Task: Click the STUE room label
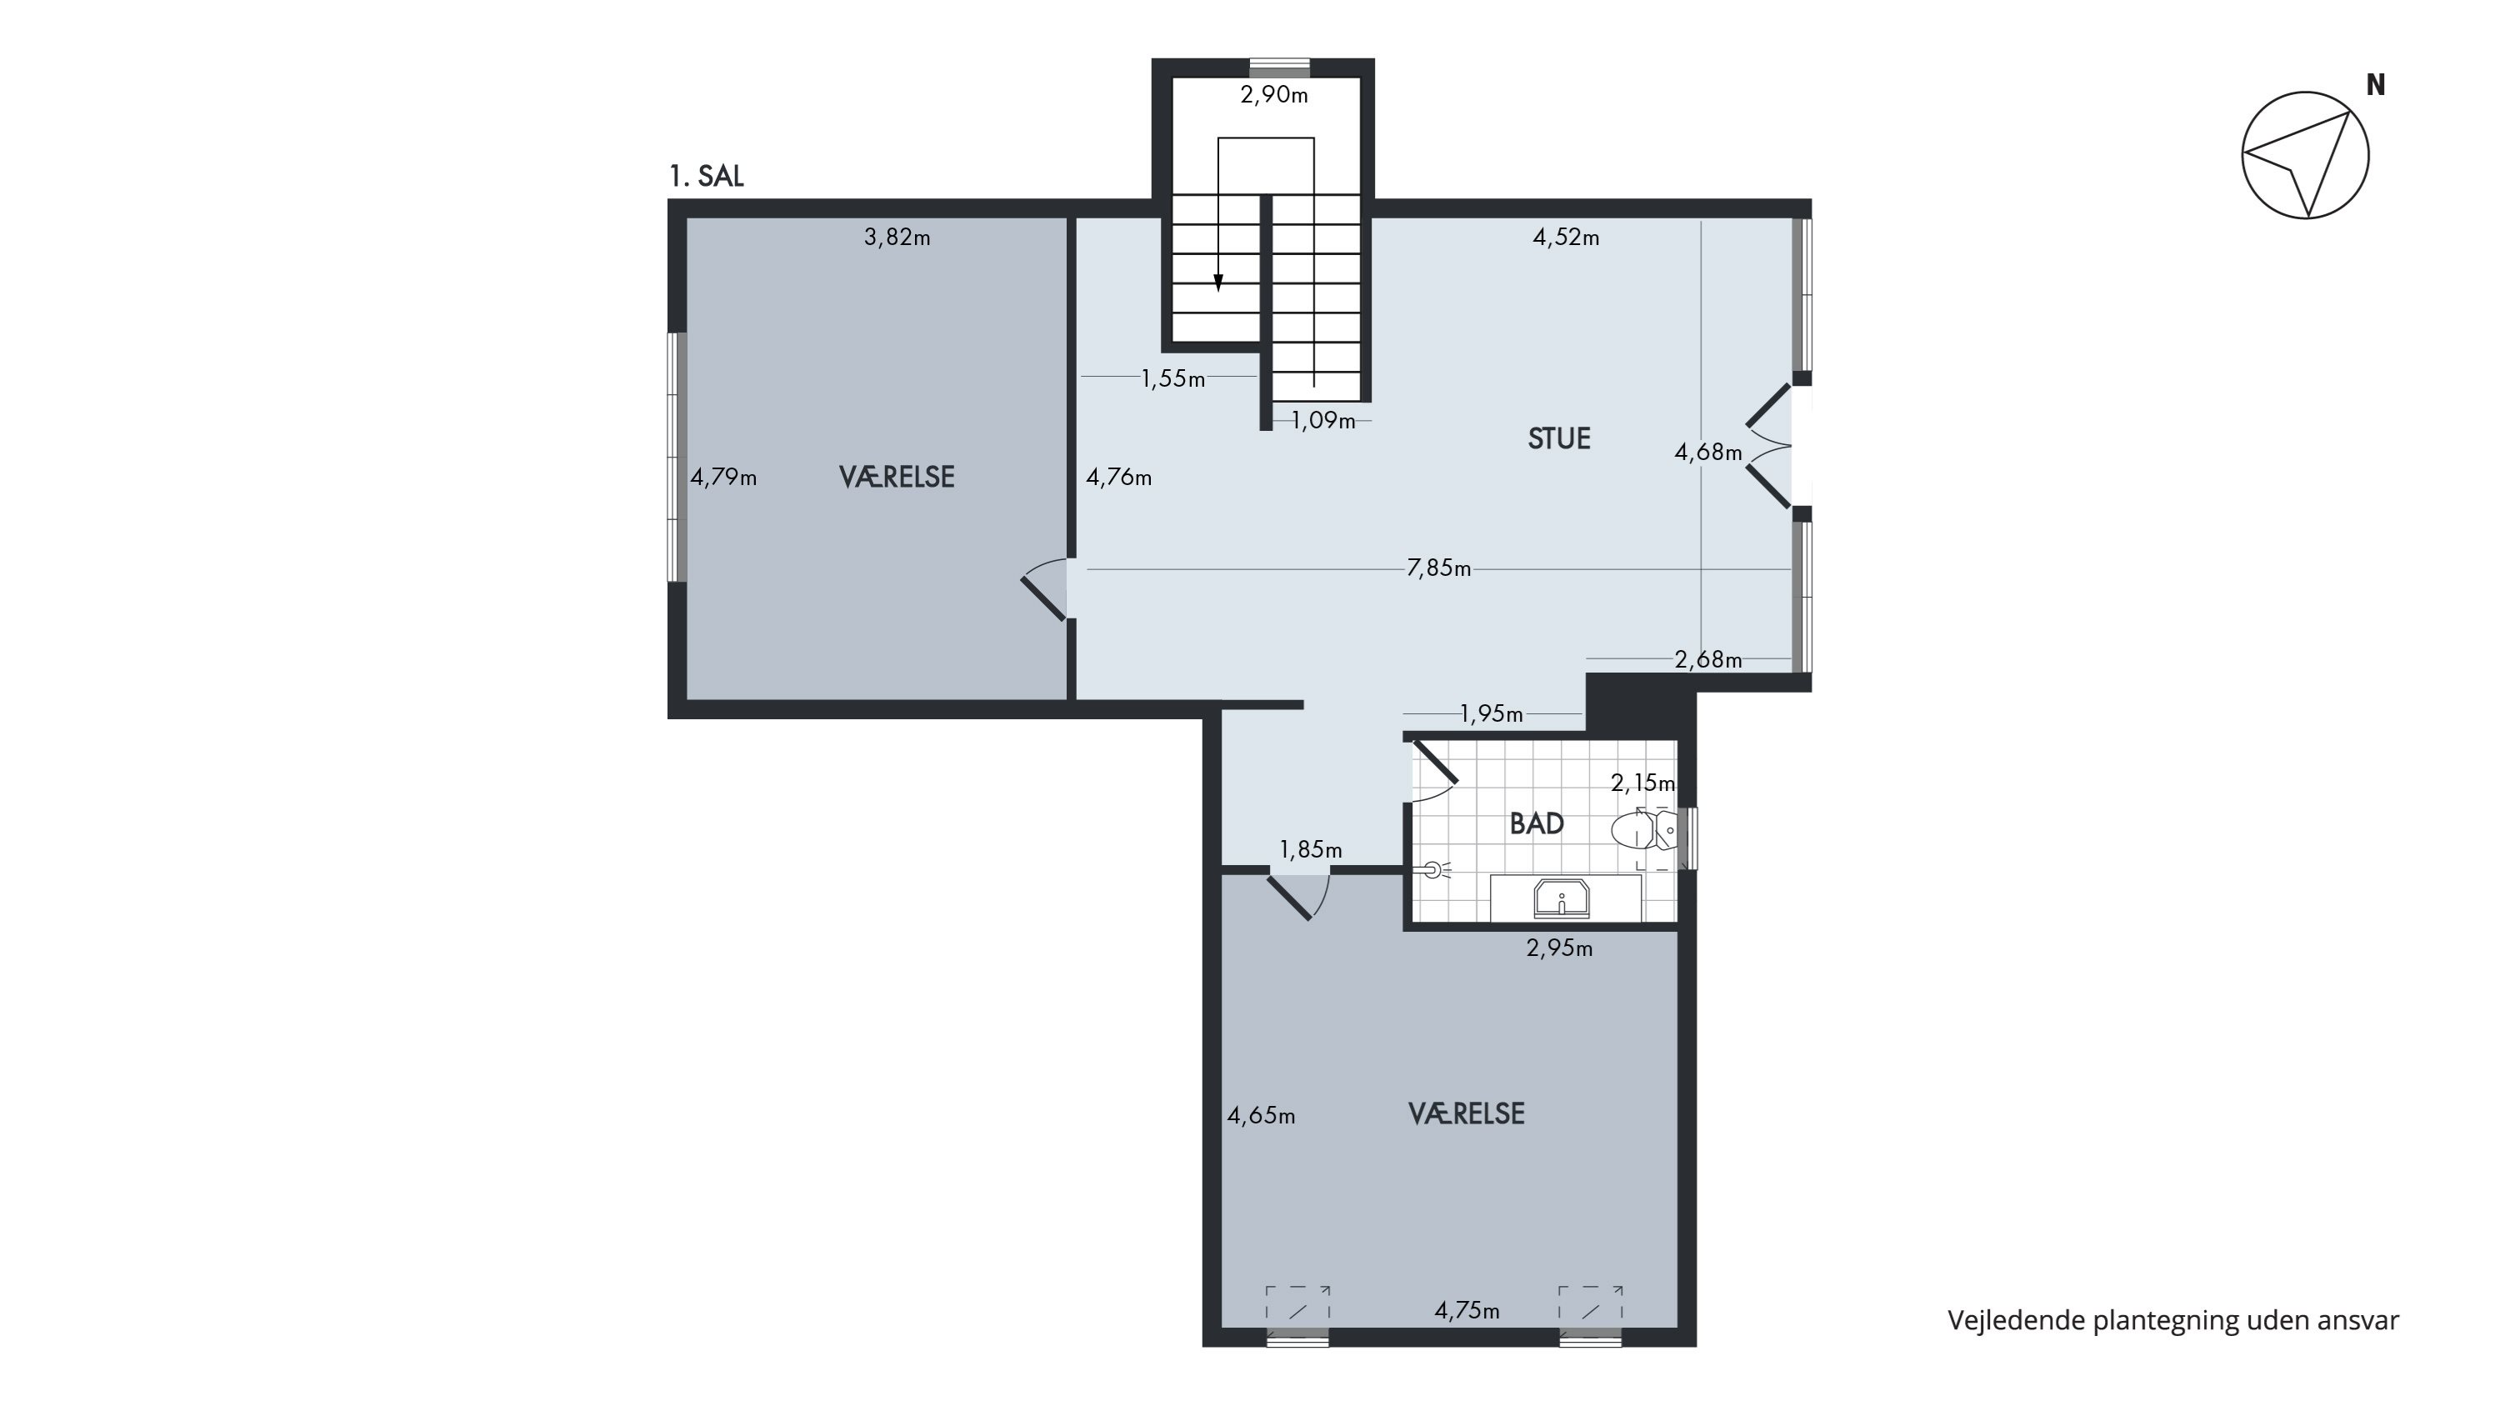[x=1558, y=438]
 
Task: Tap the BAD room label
[x=1537, y=823]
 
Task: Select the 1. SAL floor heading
[x=707, y=176]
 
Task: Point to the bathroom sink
[x=1561, y=898]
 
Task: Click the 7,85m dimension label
[x=1438, y=568]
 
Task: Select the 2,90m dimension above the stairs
[x=1274, y=95]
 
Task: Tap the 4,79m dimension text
[x=724, y=478]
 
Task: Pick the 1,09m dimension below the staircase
[x=1322, y=421]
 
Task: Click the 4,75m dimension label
[x=1467, y=1311]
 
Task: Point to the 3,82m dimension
[x=897, y=237]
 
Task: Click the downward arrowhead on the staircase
[x=1218, y=283]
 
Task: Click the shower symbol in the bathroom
[x=1432, y=870]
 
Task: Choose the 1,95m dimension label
[x=1492, y=714]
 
